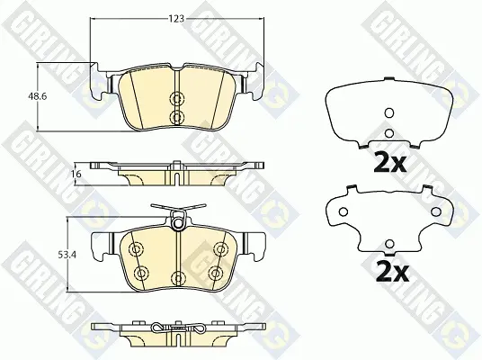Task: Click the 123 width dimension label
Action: tap(176, 19)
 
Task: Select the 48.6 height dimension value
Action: tap(37, 96)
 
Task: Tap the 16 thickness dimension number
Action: tap(76, 175)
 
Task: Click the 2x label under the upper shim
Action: tap(389, 162)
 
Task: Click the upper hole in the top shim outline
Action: tap(389, 113)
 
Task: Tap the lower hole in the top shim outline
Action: tap(389, 133)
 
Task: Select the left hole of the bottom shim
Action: tap(343, 211)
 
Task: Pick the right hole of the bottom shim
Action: tap(435, 211)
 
